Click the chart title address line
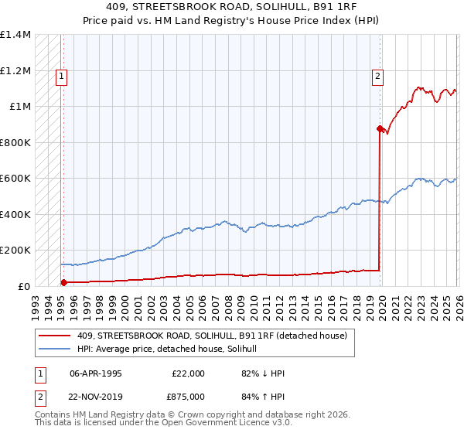(232, 9)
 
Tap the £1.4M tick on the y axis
(15, 35)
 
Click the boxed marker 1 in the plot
(61, 76)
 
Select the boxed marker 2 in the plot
(377, 76)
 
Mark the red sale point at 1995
(63, 283)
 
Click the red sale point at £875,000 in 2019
(380, 128)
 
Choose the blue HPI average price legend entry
(171, 349)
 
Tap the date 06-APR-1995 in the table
(95, 373)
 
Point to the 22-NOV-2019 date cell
(96, 396)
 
